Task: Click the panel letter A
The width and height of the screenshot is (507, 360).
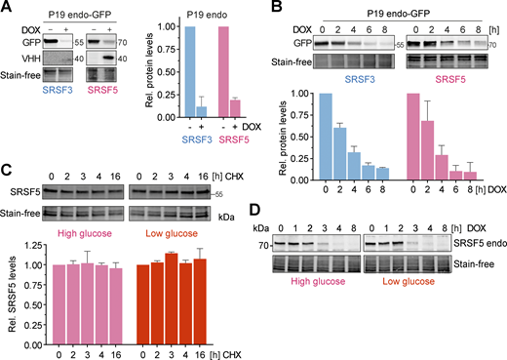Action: [x=9, y=9]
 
